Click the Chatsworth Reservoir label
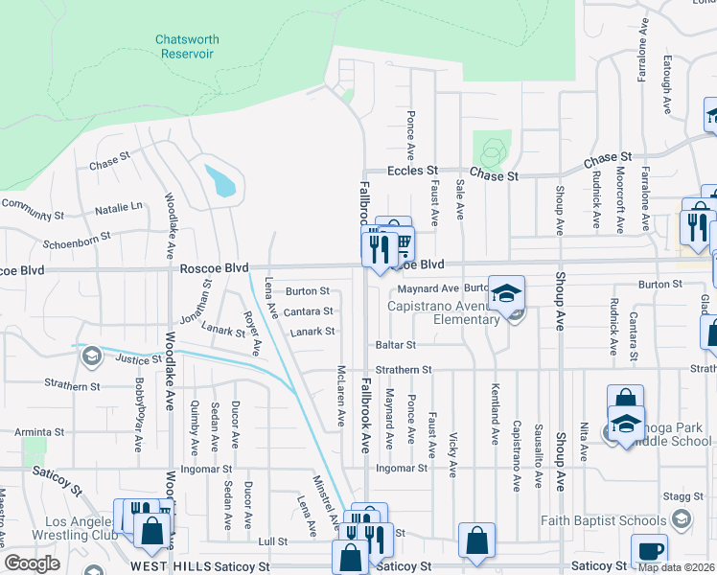(187, 47)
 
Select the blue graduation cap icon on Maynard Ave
(507, 292)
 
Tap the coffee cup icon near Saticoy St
(649, 551)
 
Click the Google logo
(32, 563)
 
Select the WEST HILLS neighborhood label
(171, 567)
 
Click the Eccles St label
(411, 171)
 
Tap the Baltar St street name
(395, 344)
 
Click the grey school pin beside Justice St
(91, 356)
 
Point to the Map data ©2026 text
(676, 567)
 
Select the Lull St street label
(273, 541)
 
